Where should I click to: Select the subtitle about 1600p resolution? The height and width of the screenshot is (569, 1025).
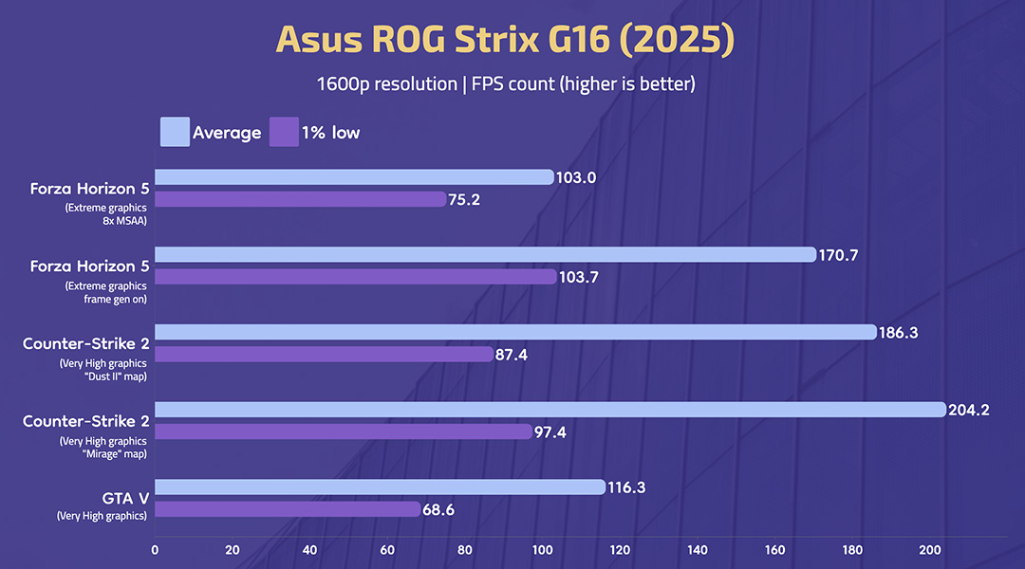(x=507, y=84)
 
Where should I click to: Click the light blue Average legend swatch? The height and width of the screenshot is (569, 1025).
(x=175, y=132)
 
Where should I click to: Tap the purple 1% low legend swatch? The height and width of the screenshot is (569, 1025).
(x=284, y=132)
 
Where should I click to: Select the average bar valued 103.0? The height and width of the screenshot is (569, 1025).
(x=354, y=177)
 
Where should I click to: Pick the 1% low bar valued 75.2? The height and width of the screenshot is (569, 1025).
(x=300, y=199)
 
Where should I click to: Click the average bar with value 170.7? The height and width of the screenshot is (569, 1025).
(x=485, y=254)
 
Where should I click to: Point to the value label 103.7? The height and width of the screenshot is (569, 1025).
(x=581, y=277)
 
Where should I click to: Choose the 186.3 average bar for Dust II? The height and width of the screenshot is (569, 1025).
(x=515, y=332)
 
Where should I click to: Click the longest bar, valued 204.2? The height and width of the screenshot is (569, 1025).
(x=550, y=410)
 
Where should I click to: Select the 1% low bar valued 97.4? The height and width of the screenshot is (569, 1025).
(x=344, y=431)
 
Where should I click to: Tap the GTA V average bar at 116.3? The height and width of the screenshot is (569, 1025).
(x=380, y=486)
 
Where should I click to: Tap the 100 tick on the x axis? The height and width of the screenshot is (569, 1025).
(x=542, y=548)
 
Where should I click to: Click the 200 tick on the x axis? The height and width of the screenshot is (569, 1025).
(x=930, y=548)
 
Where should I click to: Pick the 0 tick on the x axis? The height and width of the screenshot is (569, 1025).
(x=155, y=548)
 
